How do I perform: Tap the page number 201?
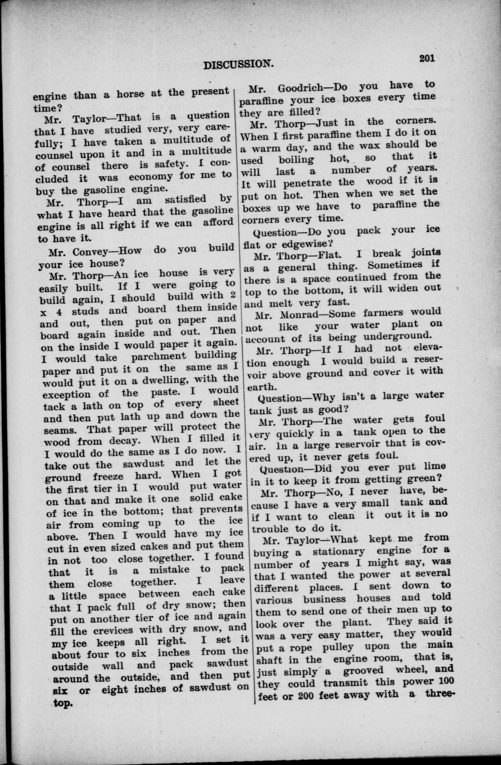[x=427, y=58]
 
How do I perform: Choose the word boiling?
[x=296, y=159]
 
